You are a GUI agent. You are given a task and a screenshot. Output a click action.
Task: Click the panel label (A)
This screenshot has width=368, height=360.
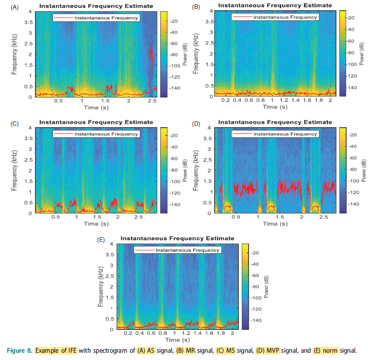15,6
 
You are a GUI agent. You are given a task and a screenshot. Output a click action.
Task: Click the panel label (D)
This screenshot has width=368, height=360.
196,123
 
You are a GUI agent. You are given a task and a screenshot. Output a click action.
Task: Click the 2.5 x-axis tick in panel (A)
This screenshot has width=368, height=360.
151,101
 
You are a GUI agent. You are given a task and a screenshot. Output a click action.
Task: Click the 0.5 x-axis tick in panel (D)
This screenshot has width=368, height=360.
236,217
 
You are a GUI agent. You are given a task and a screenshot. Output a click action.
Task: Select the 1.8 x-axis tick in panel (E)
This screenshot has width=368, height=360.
221,333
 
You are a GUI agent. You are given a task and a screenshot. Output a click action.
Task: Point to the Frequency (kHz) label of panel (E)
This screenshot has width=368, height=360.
100,286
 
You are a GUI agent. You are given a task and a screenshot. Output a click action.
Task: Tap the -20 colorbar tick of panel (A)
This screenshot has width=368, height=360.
172,21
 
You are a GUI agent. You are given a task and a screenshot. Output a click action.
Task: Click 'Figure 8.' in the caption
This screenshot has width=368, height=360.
20,350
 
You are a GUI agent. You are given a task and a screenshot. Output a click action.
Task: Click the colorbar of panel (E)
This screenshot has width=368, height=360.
246,286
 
